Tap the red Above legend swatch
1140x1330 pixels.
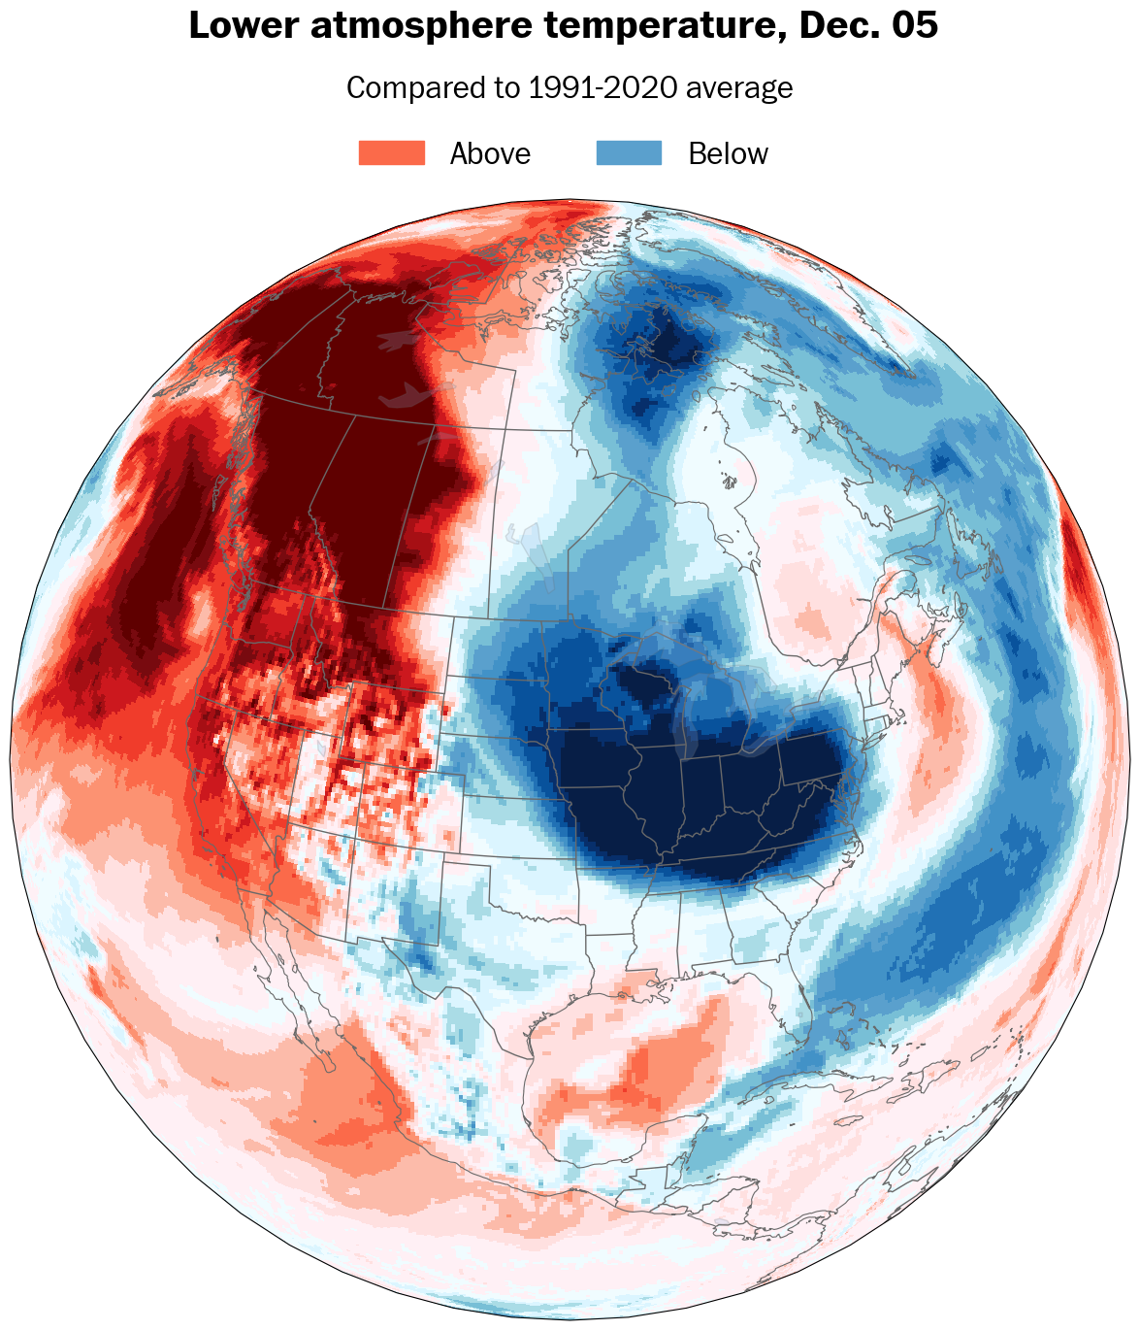392,153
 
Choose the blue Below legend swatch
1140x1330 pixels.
629,153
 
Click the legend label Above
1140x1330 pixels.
490,154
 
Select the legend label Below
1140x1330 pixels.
728,154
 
